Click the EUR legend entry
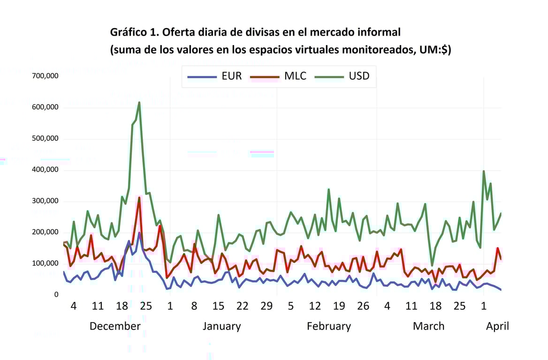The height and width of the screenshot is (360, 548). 214,76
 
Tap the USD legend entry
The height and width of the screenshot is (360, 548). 342,76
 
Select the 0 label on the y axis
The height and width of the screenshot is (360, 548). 56,295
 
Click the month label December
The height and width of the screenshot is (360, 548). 115,326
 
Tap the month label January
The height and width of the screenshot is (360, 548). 221,326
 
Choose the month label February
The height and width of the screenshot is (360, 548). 328,326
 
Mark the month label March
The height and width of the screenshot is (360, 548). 428,326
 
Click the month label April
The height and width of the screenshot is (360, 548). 497,326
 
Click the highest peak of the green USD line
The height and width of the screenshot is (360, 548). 139,103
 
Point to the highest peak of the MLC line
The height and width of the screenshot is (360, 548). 139,198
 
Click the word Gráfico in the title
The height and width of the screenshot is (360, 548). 128,32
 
